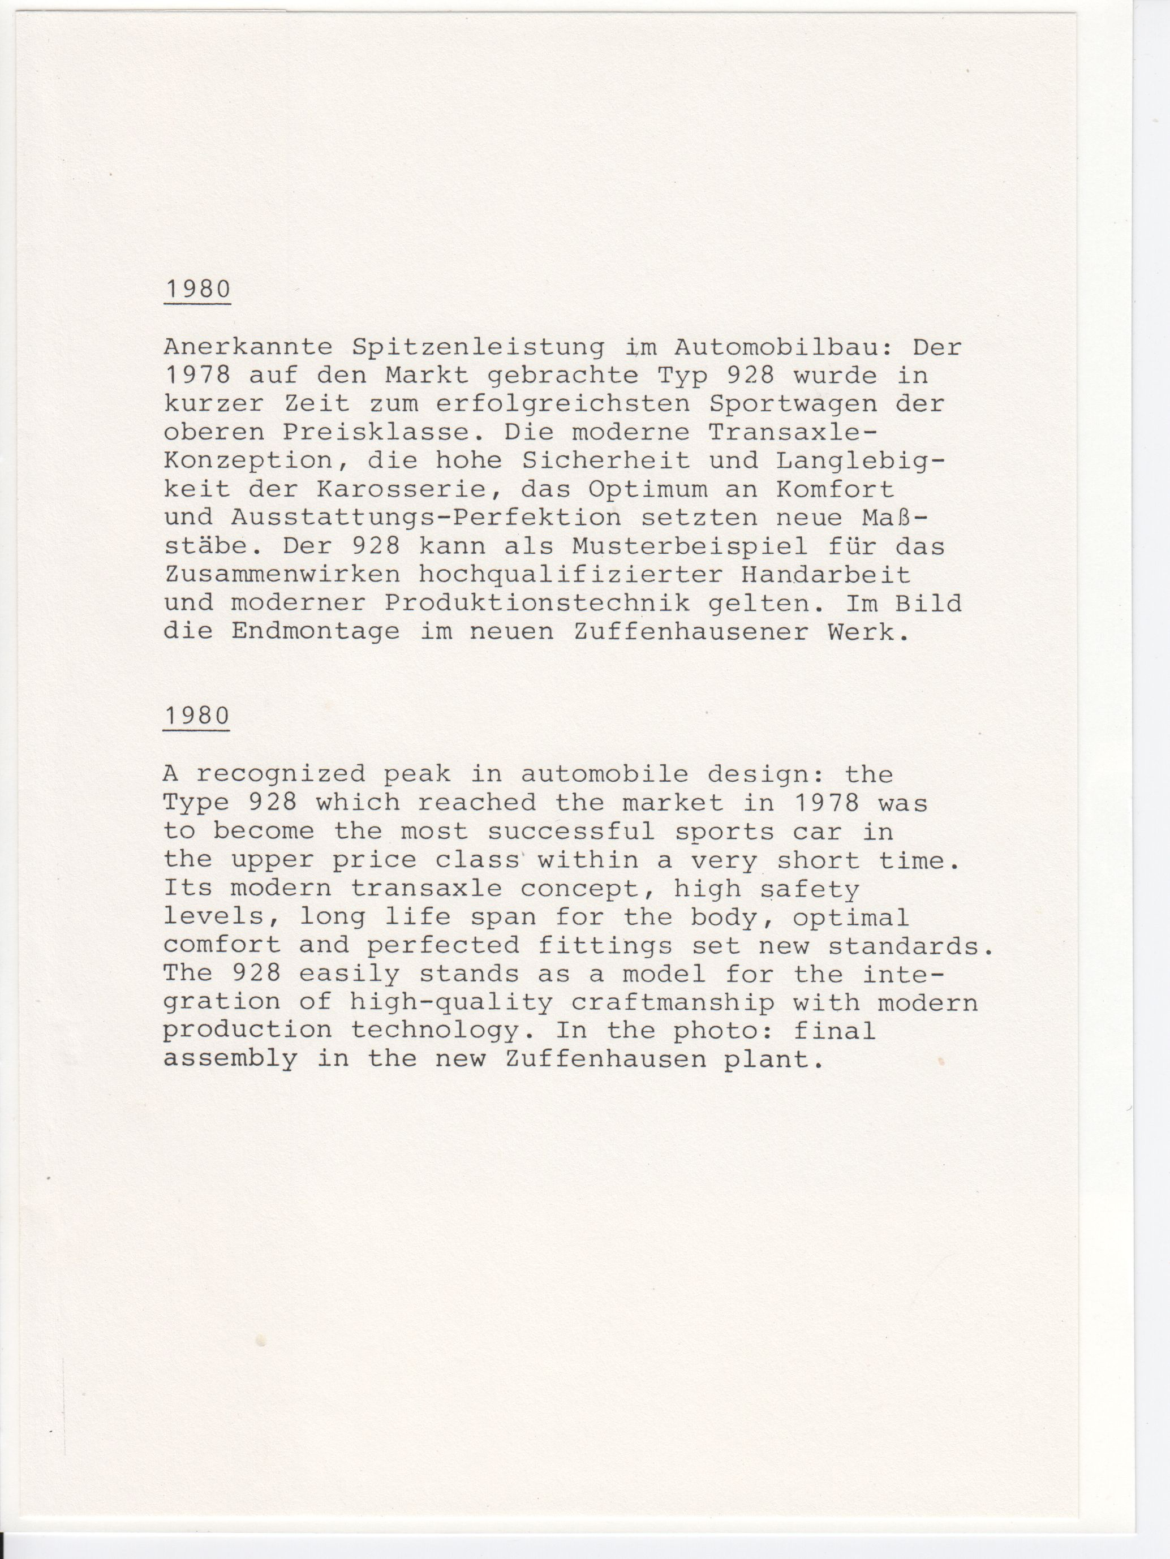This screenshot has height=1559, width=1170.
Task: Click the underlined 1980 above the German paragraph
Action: coord(197,290)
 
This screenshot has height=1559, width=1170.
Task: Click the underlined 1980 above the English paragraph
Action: coord(197,716)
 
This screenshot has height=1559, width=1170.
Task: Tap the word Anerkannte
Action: coord(248,347)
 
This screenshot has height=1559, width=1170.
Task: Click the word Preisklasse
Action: coord(376,432)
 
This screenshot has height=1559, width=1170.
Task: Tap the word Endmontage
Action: coord(316,631)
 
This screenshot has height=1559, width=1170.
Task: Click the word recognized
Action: coord(281,774)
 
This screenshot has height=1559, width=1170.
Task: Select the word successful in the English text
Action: coord(571,832)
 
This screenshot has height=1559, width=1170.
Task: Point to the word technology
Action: coord(434,1031)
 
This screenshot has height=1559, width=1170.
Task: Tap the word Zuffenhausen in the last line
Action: coord(605,1060)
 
